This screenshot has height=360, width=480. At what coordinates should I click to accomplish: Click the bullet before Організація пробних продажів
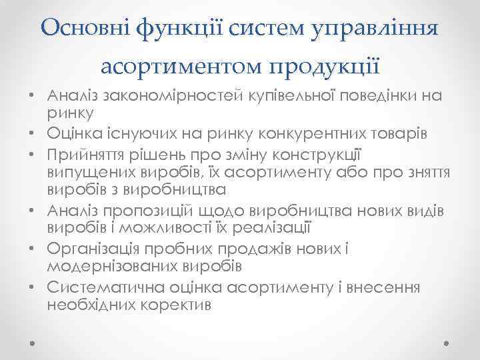click(33, 249)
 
